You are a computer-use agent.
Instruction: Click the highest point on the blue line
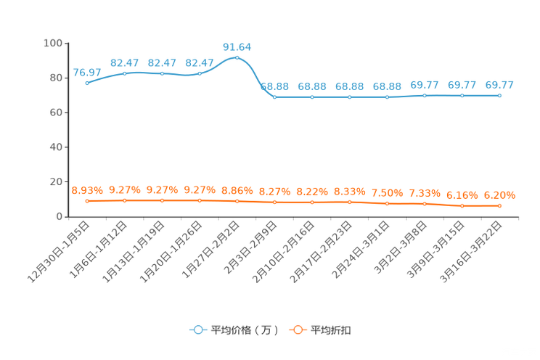pos(237,57)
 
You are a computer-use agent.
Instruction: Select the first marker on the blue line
pos(87,83)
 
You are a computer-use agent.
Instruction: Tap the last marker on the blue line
pos(499,96)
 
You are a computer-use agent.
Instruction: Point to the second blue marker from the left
pos(125,73)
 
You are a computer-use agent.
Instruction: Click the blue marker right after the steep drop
pos(274,97)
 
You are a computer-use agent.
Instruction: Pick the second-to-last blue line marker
pos(462,96)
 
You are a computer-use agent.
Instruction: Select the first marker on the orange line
pos(87,201)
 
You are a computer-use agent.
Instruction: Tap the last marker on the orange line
pos(499,206)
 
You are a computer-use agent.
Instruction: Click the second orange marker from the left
pos(125,200)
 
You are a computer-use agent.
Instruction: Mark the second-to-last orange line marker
pos(462,205)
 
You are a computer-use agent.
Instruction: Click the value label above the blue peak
pos(237,47)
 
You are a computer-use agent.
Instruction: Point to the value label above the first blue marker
pos(87,72)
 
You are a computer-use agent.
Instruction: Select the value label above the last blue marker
pos(499,85)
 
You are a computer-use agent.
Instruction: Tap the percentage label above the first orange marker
pos(87,191)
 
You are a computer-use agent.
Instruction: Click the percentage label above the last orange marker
pos(499,195)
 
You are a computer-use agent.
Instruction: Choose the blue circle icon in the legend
pos(197,330)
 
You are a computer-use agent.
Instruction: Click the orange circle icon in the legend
pos(298,330)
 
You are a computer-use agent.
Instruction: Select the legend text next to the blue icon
pos(244,330)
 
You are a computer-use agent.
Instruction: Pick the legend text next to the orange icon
pos(332,330)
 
